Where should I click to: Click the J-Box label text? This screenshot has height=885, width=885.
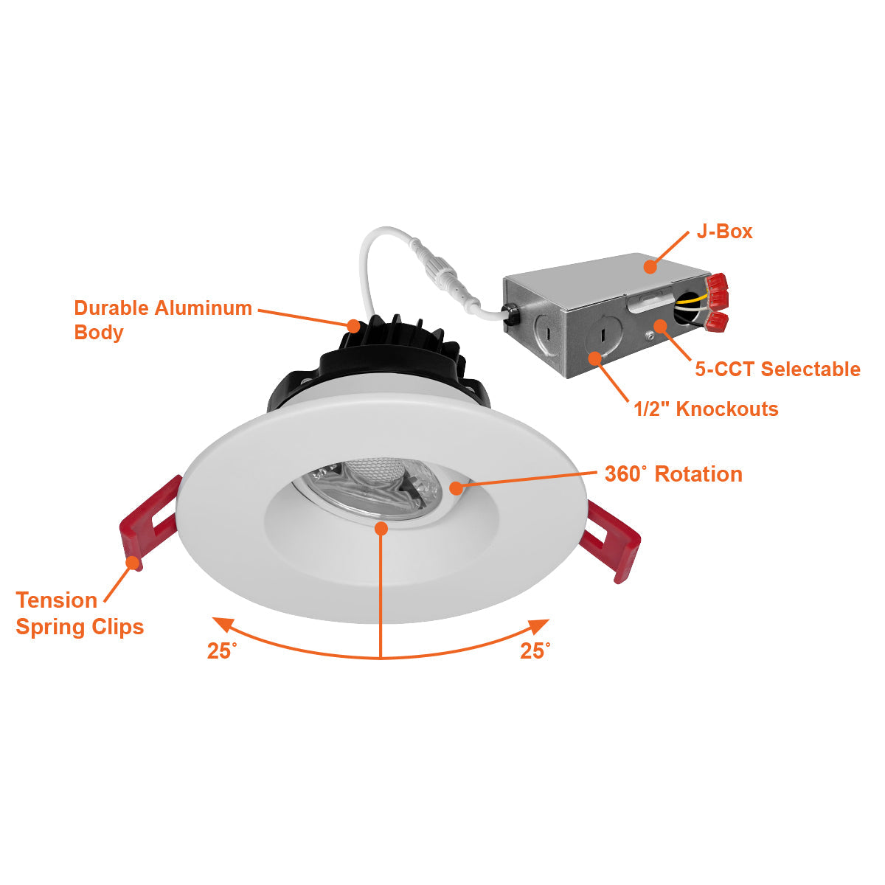point(724,232)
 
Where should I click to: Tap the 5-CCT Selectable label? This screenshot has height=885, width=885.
point(777,369)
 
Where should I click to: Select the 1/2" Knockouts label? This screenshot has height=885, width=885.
point(706,409)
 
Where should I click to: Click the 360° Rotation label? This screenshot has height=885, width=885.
point(673,473)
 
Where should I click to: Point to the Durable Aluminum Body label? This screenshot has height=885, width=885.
point(163,319)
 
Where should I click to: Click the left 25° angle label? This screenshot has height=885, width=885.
point(221,651)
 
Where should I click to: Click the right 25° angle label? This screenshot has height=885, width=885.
point(535,650)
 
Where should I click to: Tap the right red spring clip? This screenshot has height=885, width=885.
point(611,539)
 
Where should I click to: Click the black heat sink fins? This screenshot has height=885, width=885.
point(398,347)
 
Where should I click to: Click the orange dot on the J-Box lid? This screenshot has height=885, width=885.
point(649,266)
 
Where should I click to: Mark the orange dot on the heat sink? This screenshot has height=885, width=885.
point(354,324)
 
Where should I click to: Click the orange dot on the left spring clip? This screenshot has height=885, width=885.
point(133,563)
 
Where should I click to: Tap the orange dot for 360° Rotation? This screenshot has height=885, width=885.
point(456,487)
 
